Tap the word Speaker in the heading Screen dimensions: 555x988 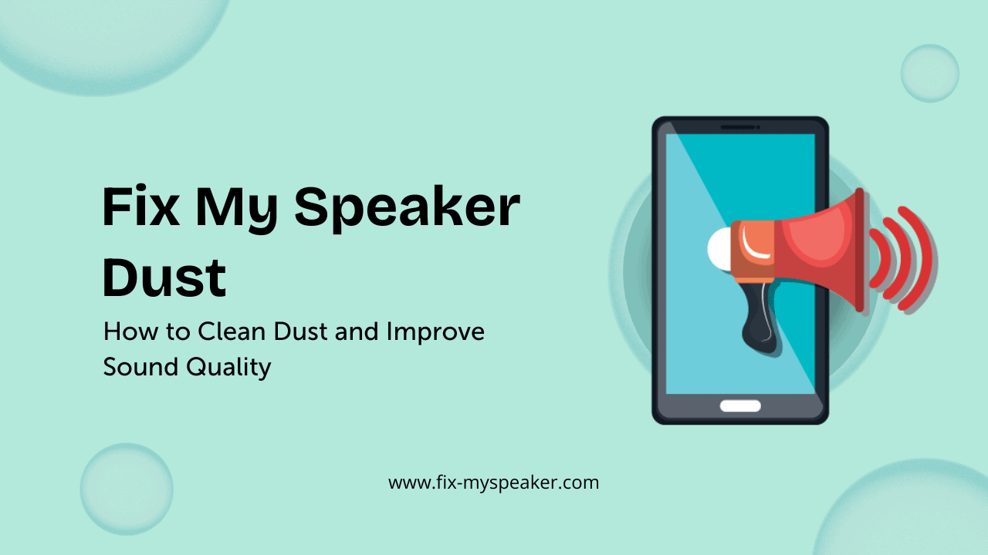(407, 210)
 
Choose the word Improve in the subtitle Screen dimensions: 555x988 (436, 333)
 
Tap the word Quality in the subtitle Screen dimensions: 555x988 (229, 368)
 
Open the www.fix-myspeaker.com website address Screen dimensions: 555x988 (493, 483)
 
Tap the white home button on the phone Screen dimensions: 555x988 (740, 405)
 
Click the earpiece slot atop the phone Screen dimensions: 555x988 (739, 126)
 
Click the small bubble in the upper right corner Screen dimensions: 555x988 (929, 73)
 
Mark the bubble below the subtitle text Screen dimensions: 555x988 (127, 489)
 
